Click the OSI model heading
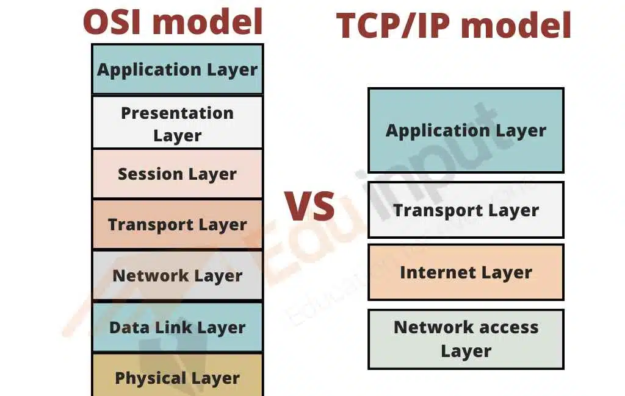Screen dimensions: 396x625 (173, 21)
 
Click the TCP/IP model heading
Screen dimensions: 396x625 (454, 26)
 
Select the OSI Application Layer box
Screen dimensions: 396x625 (177, 69)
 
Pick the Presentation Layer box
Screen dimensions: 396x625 (177, 123)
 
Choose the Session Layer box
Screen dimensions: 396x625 (177, 174)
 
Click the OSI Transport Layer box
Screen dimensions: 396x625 (177, 225)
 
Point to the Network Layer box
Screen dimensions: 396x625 (177, 275)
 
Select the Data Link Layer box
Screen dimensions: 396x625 (177, 327)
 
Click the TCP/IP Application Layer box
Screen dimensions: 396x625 (466, 130)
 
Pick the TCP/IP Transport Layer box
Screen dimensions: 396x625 (466, 210)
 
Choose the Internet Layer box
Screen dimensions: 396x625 (466, 272)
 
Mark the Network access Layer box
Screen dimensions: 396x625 (466, 339)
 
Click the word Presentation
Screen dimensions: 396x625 (177, 113)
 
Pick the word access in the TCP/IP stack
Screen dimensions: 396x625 (505, 327)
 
